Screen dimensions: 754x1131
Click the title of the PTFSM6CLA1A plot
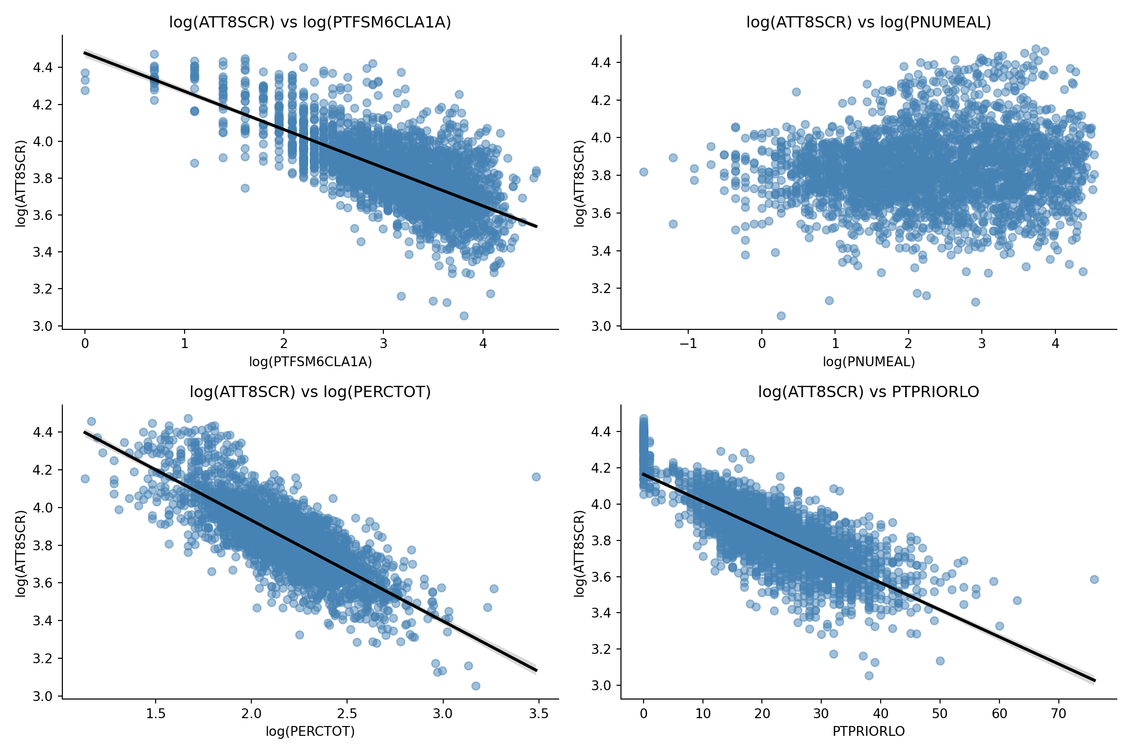pyautogui.click(x=310, y=23)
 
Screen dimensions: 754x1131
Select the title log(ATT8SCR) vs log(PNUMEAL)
pyautogui.click(x=868, y=23)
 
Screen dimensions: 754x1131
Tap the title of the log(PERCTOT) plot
pyautogui.click(x=310, y=392)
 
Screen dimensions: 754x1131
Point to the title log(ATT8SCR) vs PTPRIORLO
pyautogui.click(x=868, y=392)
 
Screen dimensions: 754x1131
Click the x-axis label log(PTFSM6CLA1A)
pyautogui.click(x=310, y=362)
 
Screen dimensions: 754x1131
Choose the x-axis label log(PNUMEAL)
pyautogui.click(x=868, y=362)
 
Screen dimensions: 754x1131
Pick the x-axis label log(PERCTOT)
pyautogui.click(x=310, y=732)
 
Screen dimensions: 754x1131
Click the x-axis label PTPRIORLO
pyautogui.click(x=868, y=732)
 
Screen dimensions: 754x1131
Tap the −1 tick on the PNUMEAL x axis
pyautogui.click(x=688, y=344)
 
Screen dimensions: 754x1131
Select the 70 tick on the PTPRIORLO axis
pyautogui.click(x=1059, y=713)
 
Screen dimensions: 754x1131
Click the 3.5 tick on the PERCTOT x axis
pyautogui.click(x=539, y=713)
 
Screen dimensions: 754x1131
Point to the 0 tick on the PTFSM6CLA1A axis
pyautogui.click(x=85, y=344)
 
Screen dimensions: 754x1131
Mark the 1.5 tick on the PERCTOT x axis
pyautogui.click(x=156, y=713)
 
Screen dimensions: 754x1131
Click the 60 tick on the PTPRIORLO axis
pyautogui.click(x=999, y=713)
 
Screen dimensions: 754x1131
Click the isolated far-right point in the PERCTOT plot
pyautogui.click(x=536, y=477)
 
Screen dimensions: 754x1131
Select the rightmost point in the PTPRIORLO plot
pyautogui.click(x=1094, y=579)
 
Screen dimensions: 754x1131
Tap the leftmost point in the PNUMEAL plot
pyautogui.click(x=644, y=172)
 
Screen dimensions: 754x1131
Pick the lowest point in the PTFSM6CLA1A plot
pyautogui.click(x=464, y=316)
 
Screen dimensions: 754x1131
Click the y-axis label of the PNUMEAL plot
pyautogui.click(x=580, y=183)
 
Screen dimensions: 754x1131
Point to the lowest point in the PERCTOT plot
pyautogui.click(x=476, y=686)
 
